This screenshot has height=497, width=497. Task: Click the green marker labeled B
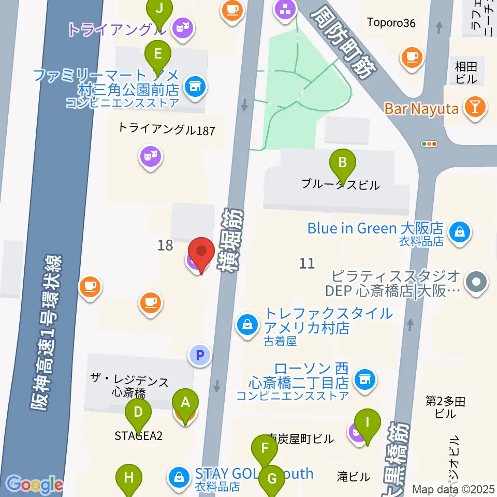point(342,164)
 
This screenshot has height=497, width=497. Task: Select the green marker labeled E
point(158,54)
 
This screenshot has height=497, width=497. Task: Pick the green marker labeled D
point(138,413)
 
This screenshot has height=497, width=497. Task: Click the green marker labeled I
point(368,422)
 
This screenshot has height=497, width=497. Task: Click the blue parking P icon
point(200,355)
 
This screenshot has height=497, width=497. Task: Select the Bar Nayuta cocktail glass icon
point(474,108)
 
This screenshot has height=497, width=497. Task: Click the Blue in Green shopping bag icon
point(459,232)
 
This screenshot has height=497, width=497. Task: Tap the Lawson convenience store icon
point(364,381)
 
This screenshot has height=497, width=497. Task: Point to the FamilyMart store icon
point(194,86)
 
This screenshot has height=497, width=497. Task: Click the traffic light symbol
point(429,144)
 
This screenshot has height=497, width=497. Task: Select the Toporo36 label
point(391,22)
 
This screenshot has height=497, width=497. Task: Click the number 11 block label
point(307,264)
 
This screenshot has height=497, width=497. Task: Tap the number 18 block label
point(165,245)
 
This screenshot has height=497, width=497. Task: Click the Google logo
point(34,485)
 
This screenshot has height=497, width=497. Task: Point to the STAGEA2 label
point(138,436)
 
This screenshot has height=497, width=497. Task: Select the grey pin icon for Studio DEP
point(476,283)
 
